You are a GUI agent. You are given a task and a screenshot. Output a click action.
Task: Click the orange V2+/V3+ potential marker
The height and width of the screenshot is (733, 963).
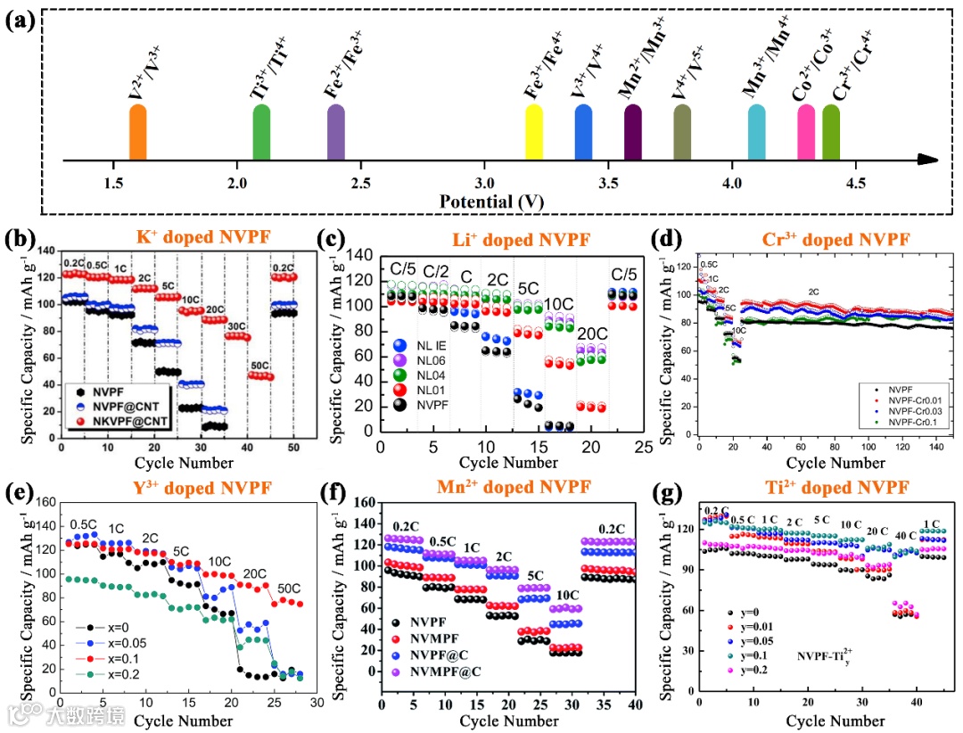137,133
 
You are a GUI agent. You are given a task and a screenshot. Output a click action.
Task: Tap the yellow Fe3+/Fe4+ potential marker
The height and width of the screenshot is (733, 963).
534,133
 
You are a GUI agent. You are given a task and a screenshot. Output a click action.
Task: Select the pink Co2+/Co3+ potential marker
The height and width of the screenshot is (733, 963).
806,133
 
